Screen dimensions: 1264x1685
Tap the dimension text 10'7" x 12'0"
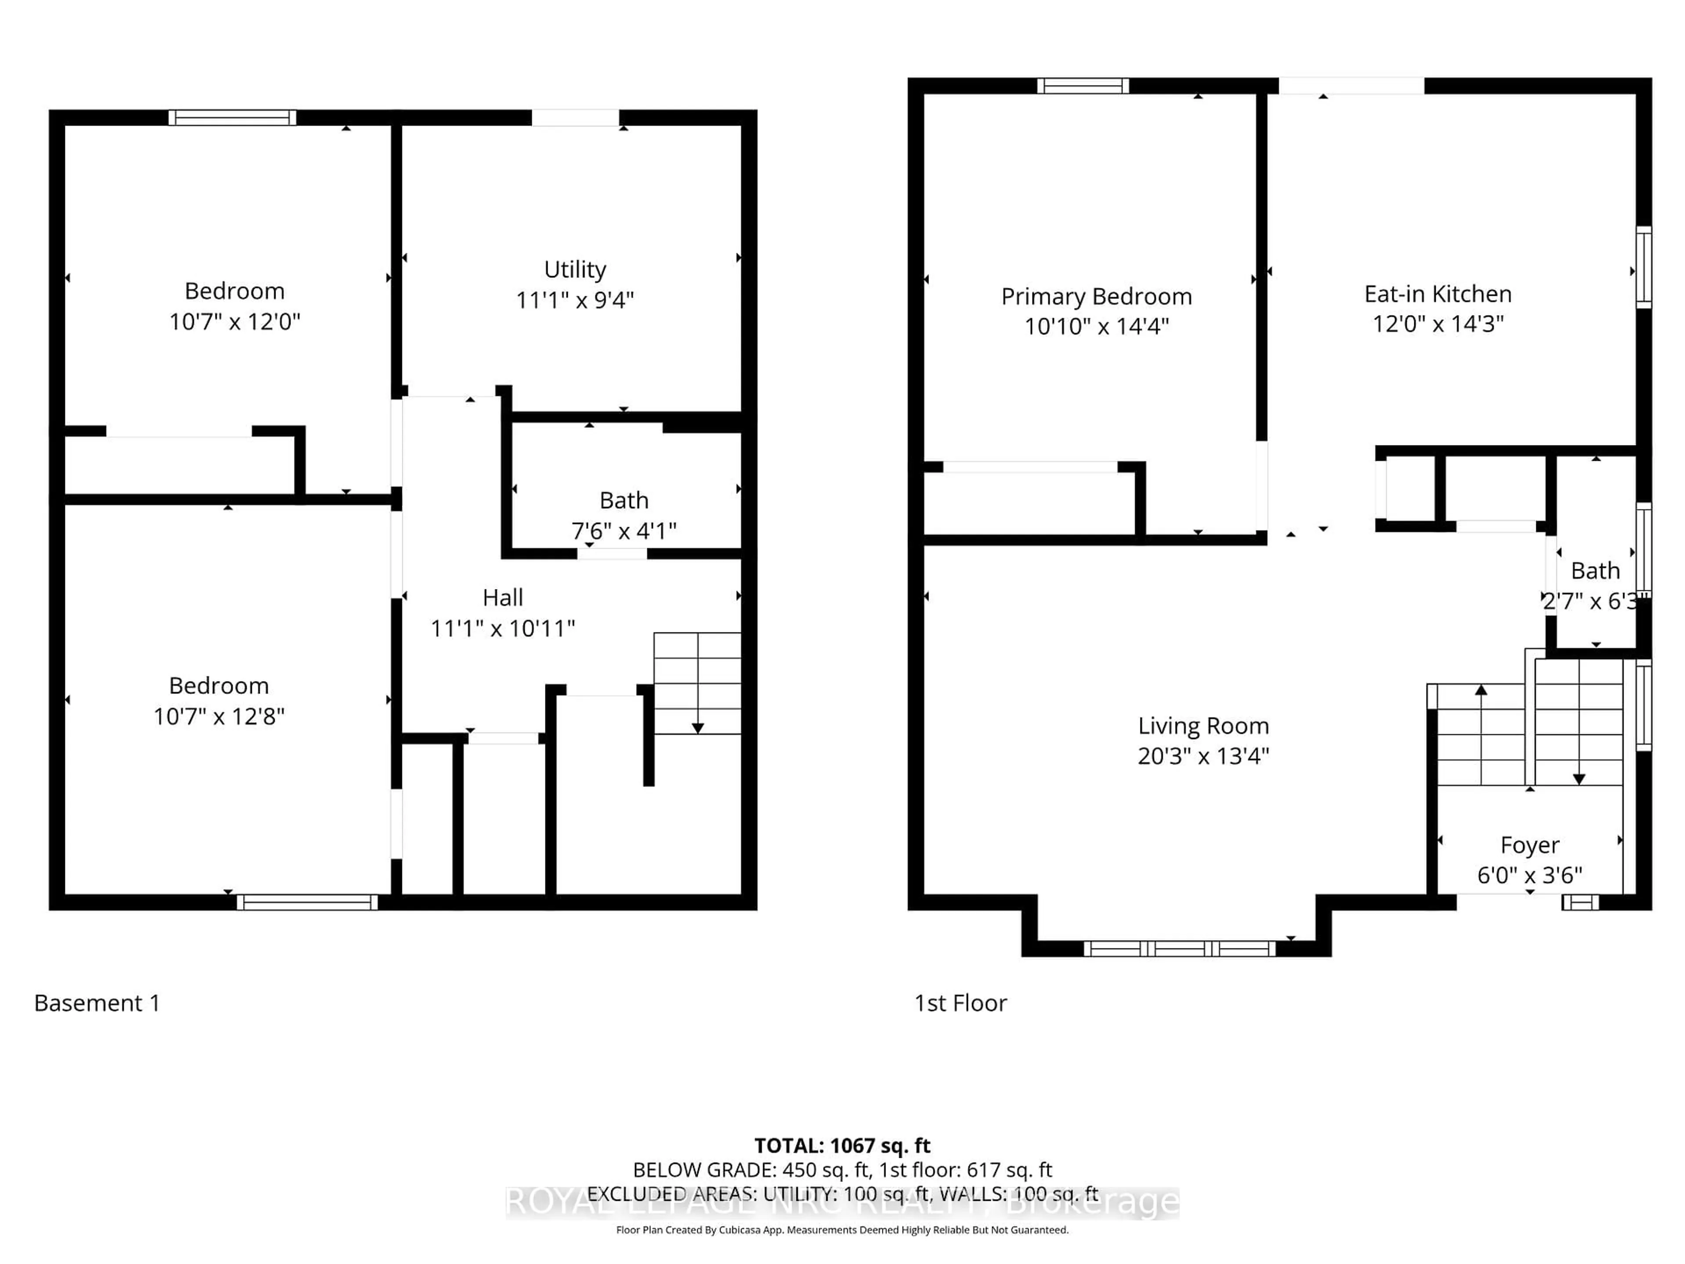point(235,322)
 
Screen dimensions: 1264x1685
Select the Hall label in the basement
point(503,597)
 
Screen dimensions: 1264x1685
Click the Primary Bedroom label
point(1096,296)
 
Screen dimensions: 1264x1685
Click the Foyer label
point(1530,845)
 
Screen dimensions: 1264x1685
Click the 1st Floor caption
point(960,1003)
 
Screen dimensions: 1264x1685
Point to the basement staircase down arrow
point(697,728)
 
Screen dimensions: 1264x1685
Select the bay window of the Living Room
point(1179,948)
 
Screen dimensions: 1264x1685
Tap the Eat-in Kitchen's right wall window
point(1644,267)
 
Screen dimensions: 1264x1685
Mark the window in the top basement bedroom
point(232,117)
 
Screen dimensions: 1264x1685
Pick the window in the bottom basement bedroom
point(307,902)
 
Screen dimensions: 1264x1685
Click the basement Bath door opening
point(612,554)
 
